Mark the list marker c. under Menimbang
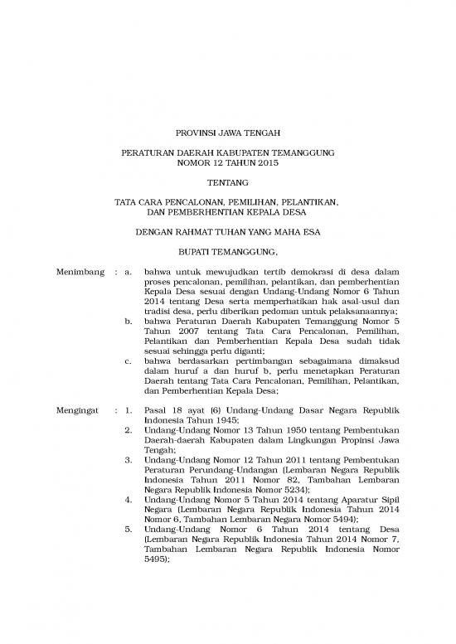click(x=129, y=361)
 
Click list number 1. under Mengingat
click(x=129, y=409)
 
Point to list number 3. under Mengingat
click(x=129, y=458)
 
